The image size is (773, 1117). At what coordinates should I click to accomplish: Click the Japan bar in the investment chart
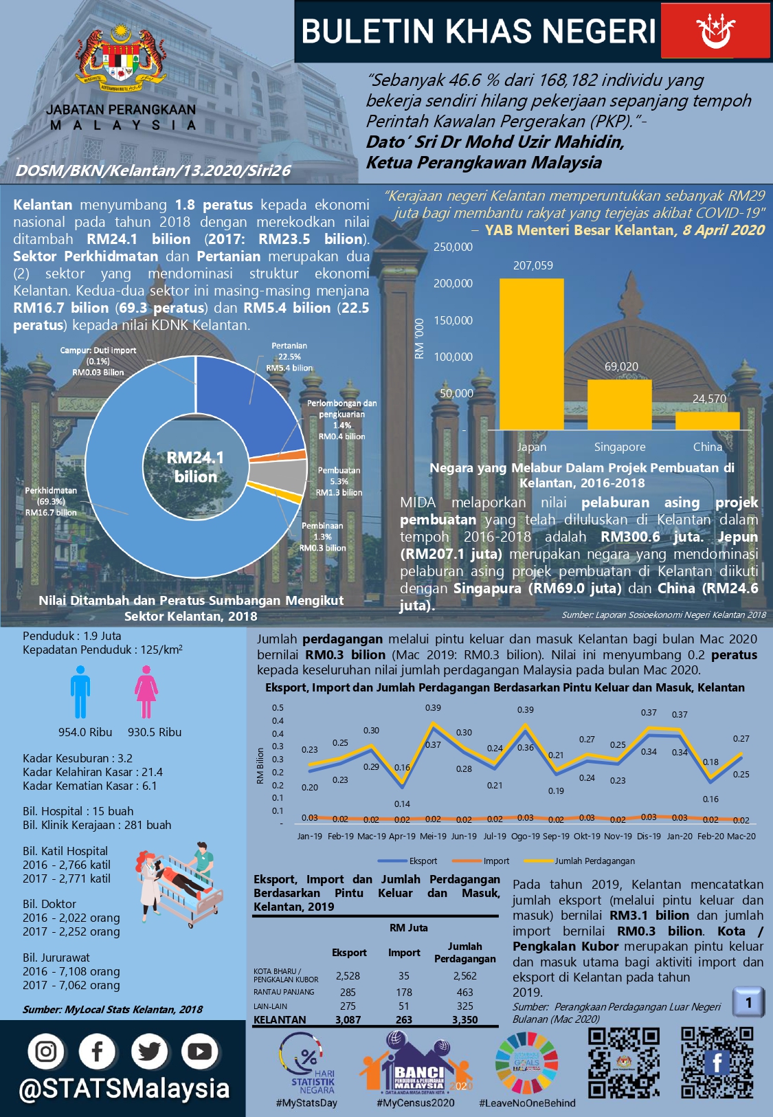pyautogui.click(x=531, y=354)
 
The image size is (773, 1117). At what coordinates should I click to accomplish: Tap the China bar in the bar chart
pyautogui.click(x=707, y=421)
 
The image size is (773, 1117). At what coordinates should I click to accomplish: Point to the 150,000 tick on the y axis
pyautogui.click(x=453, y=320)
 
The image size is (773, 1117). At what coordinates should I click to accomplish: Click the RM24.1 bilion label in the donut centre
pyautogui.click(x=195, y=467)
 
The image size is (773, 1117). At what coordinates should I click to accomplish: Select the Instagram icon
pyautogui.click(x=46, y=1051)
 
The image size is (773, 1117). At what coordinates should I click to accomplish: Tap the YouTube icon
pyautogui.click(x=199, y=1051)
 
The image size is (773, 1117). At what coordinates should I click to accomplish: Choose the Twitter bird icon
pyautogui.click(x=148, y=1051)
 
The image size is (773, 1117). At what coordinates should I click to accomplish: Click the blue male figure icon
pyautogui.click(x=80, y=692)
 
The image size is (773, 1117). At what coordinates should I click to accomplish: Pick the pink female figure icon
pyautogui.click(x=146, y=692)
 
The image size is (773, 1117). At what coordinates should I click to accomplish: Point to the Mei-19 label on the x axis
pyautogui.click(x=433, y=837)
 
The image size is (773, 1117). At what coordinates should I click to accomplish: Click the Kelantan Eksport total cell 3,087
pyautogui.click(x=348, y=1019)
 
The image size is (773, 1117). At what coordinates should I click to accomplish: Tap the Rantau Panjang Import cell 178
pyautogui.click(x=404, y=992)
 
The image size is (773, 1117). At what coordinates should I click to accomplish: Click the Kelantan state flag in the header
pyautogui.click(x=715, y=30)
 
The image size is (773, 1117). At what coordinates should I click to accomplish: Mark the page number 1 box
pyautogui.click(x=748, y=1003)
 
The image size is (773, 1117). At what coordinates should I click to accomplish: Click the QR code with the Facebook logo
pyautogui.click(x=717, y=1063)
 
